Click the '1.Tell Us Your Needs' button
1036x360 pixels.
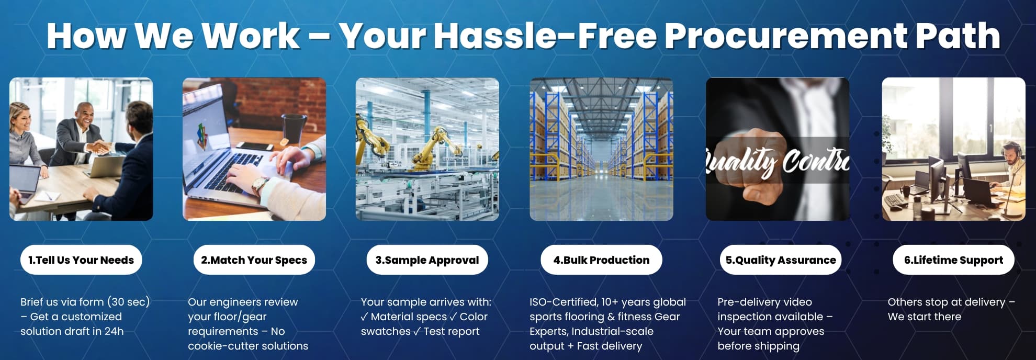81,260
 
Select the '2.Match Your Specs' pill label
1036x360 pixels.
254,260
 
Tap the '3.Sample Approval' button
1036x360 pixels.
427,260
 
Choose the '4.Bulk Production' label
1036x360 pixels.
601,260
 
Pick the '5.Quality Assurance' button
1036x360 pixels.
781,260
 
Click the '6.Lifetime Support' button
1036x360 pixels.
953,260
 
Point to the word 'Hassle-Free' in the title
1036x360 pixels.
545,36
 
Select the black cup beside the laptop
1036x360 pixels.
294,129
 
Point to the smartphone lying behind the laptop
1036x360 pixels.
255,147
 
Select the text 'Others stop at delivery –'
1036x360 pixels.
951,302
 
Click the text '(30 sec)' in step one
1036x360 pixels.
128,302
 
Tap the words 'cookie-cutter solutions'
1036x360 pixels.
248,346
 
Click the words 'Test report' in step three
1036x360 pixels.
451,331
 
